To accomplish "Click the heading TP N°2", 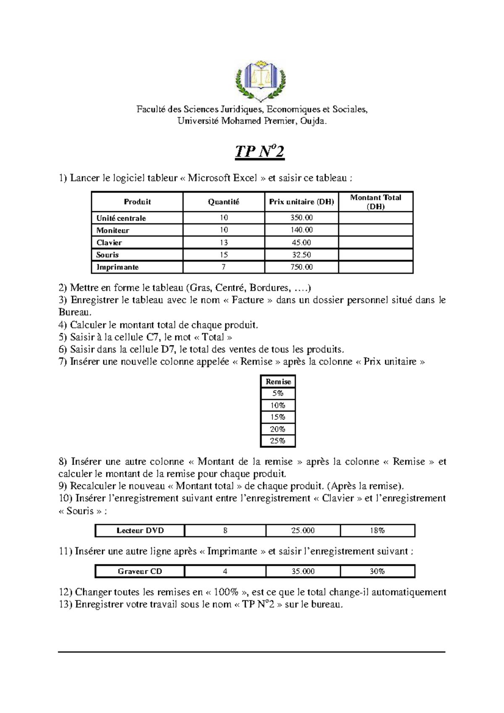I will [x=260, y=152].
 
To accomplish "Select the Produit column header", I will [x=137, y=202].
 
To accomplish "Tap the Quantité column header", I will [x=223, y=202].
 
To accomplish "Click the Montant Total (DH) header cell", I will [x=375, y=202].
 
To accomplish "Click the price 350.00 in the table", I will [x=302, y=218].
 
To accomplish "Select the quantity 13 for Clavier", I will [x=223, y=243].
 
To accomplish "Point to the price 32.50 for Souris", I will [x=302, y=255].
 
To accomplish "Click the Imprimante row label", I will [x=117, y=267].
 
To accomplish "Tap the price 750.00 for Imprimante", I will [x=302, y=267].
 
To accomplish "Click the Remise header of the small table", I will [x=278, y=382].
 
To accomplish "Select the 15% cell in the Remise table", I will [x=278, y=417].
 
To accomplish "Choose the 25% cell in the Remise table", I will [x=278, y=441].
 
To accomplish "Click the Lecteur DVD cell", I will [x=140, y=531].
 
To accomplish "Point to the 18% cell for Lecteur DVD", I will [x=377, y=531].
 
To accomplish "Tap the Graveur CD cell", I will [x=140, y=571].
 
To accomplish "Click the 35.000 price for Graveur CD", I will [x=303, y=571].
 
